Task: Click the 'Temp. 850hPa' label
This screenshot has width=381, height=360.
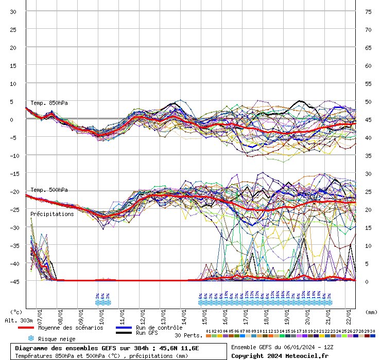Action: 49,103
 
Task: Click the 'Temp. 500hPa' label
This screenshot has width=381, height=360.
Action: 49,190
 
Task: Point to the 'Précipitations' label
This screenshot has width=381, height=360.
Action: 52,214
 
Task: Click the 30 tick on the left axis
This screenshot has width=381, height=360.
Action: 13,12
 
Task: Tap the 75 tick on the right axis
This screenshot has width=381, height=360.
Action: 368,12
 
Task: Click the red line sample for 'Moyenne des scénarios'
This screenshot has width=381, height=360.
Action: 26,328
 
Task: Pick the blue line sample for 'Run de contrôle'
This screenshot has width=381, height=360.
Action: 124,328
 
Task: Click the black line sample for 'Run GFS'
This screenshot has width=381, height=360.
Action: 124,333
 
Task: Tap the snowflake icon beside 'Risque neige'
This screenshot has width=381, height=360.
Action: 30,338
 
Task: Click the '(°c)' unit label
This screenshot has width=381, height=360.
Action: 16,312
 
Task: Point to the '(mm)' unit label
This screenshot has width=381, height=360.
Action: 371,312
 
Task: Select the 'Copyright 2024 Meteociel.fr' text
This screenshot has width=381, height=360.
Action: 280,355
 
